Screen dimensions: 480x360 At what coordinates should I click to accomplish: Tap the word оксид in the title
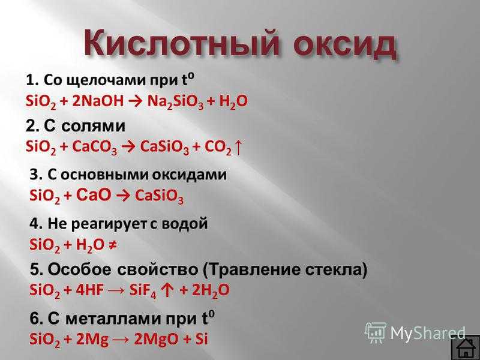coord(344,43)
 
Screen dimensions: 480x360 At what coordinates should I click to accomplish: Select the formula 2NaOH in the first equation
coord(98,101)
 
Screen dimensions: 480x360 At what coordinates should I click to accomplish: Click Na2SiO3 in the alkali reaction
coord(175,102)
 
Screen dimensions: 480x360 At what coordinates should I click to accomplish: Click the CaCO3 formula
coord(95,147)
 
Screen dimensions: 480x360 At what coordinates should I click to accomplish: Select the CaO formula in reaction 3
coord(94,194)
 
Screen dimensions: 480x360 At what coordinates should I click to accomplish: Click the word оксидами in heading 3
coord(190,175)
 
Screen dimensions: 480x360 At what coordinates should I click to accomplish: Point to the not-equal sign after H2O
coord(112,245)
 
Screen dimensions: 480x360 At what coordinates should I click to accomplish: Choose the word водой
coord(185,224)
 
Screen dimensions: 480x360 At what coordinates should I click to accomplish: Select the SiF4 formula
coord(143,291)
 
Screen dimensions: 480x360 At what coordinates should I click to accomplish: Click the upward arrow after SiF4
coord(168,290)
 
